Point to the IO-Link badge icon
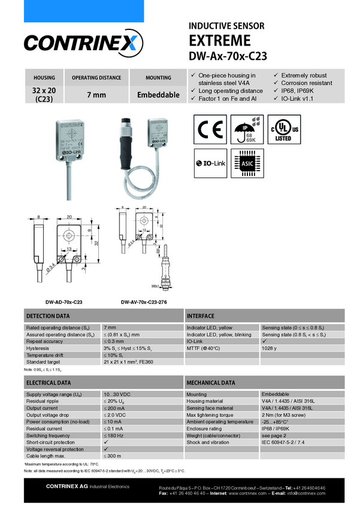click(210, 163)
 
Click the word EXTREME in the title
click(220, 41)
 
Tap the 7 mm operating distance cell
click(96, 95)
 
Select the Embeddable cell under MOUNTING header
click(158, 95)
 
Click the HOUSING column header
click(44, 78)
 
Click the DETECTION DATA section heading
click(48, 316)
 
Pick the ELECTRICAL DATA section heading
click(48, 382)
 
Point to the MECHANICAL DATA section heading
click(210, 382)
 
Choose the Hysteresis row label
click(38, 348)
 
